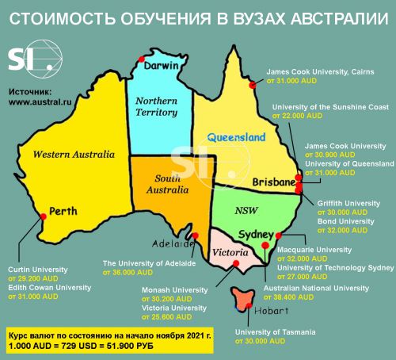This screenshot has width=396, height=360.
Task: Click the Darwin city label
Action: (163, 66)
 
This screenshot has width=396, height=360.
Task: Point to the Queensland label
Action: (236, 137)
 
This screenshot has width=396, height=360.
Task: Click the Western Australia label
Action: (69, 155)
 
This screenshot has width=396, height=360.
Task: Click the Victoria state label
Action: (233, 252)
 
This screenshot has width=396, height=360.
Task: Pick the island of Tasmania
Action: (243, 300)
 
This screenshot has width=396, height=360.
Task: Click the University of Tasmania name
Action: (280, 331)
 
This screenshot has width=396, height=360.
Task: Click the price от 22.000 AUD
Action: (299, 115)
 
